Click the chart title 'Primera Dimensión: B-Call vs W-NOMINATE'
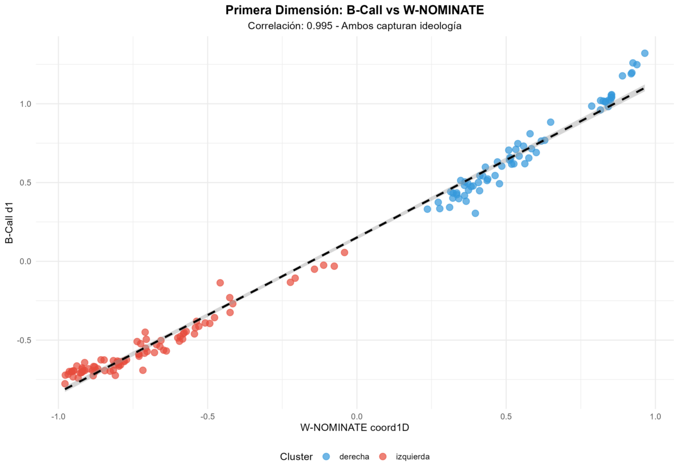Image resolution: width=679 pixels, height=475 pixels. tap(355, 10)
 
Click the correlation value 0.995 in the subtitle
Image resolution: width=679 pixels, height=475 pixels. tap(320, 26)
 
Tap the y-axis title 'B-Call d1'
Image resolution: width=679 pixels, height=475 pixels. tap(10, 223)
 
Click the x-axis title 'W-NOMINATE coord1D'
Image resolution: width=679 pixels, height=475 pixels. tap(355, 427)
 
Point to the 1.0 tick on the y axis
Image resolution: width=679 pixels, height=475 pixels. tap(25, 104)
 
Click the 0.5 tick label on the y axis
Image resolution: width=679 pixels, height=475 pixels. tap(25, 183)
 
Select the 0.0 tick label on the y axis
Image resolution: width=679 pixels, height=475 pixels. tap(25, 261)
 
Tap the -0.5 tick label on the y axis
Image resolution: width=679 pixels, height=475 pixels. tap(24, 340)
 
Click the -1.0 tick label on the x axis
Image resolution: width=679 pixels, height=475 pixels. tap(58, 417)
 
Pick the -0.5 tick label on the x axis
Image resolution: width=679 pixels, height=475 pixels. tap(208, 417)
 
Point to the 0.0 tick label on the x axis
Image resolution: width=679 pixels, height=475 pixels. tap(357, 417)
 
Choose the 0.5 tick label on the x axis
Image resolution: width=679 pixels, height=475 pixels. tap(506, 417)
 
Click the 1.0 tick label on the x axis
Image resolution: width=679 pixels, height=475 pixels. tap(655, 417)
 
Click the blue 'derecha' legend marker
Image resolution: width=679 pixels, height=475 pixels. tap(326, 456)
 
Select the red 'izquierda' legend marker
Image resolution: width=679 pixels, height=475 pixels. tap(383, 456)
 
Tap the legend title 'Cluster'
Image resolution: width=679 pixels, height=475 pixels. tap(296, 456)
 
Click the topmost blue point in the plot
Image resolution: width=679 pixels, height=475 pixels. tap(644, 53)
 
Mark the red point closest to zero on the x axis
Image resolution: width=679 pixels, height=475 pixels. tap(345, 252)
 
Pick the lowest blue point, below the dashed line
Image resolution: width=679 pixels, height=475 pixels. tap(475, 213)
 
